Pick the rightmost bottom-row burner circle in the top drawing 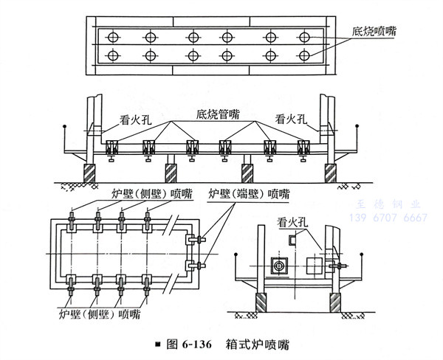coord(304,55)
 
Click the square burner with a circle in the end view coord(278,264)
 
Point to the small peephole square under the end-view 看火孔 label coord(292,238)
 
